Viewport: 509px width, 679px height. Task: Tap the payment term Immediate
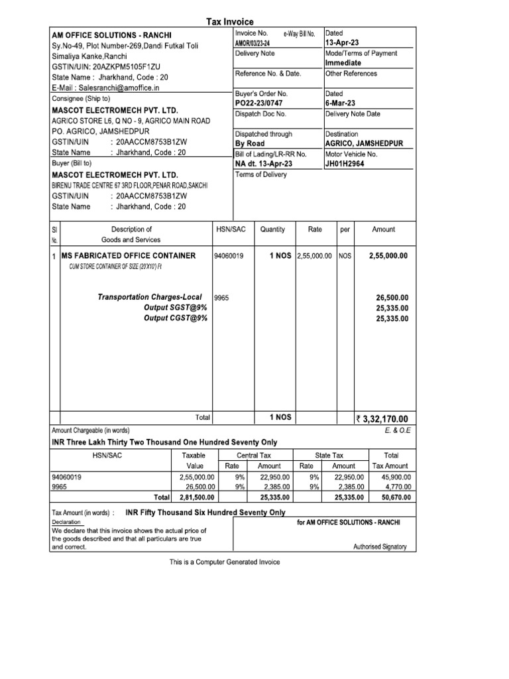pos(343,63)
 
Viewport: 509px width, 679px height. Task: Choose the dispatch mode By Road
pos(249,144)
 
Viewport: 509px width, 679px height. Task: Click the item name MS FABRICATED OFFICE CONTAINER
pos(128,256)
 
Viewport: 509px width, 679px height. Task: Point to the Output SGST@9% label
pos(176,308)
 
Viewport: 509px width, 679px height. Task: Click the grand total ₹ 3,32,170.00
pos(382,418)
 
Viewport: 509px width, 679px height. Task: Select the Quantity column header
pos(272,229)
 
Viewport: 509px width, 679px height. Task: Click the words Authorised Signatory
pos(380,547)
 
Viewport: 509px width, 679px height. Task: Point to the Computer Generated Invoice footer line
pos(225,562)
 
